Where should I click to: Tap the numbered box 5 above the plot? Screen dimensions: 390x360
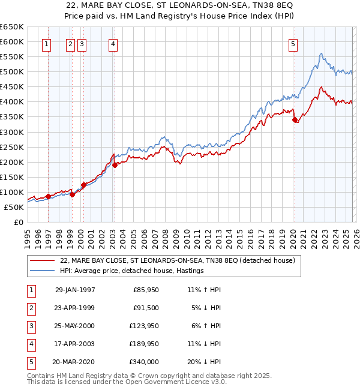pos(293,43)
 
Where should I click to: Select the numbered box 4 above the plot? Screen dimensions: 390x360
pos(113,43)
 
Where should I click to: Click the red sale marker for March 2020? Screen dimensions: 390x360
pos(295,120)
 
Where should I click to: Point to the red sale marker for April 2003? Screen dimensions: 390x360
pos(115,165)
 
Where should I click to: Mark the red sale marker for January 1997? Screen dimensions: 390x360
pos(48,196)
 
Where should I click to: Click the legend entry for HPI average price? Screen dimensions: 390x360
pos(132,271)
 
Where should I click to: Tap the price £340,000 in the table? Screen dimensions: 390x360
pos(144,362)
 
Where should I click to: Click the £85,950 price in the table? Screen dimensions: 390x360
pos(146,289)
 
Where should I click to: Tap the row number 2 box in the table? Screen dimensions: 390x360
pos(30,308)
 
